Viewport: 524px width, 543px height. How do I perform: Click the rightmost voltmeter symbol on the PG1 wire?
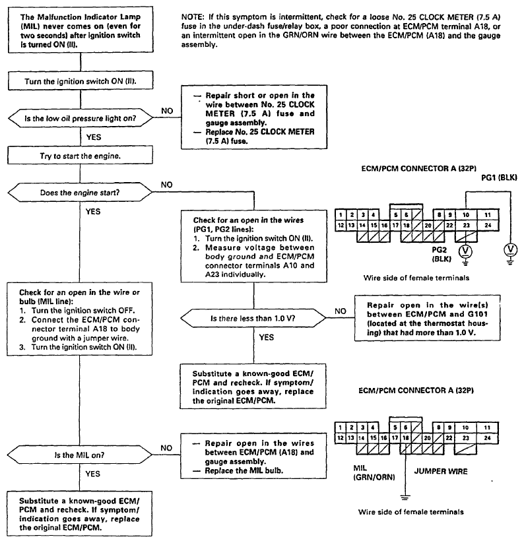pos(509,249)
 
